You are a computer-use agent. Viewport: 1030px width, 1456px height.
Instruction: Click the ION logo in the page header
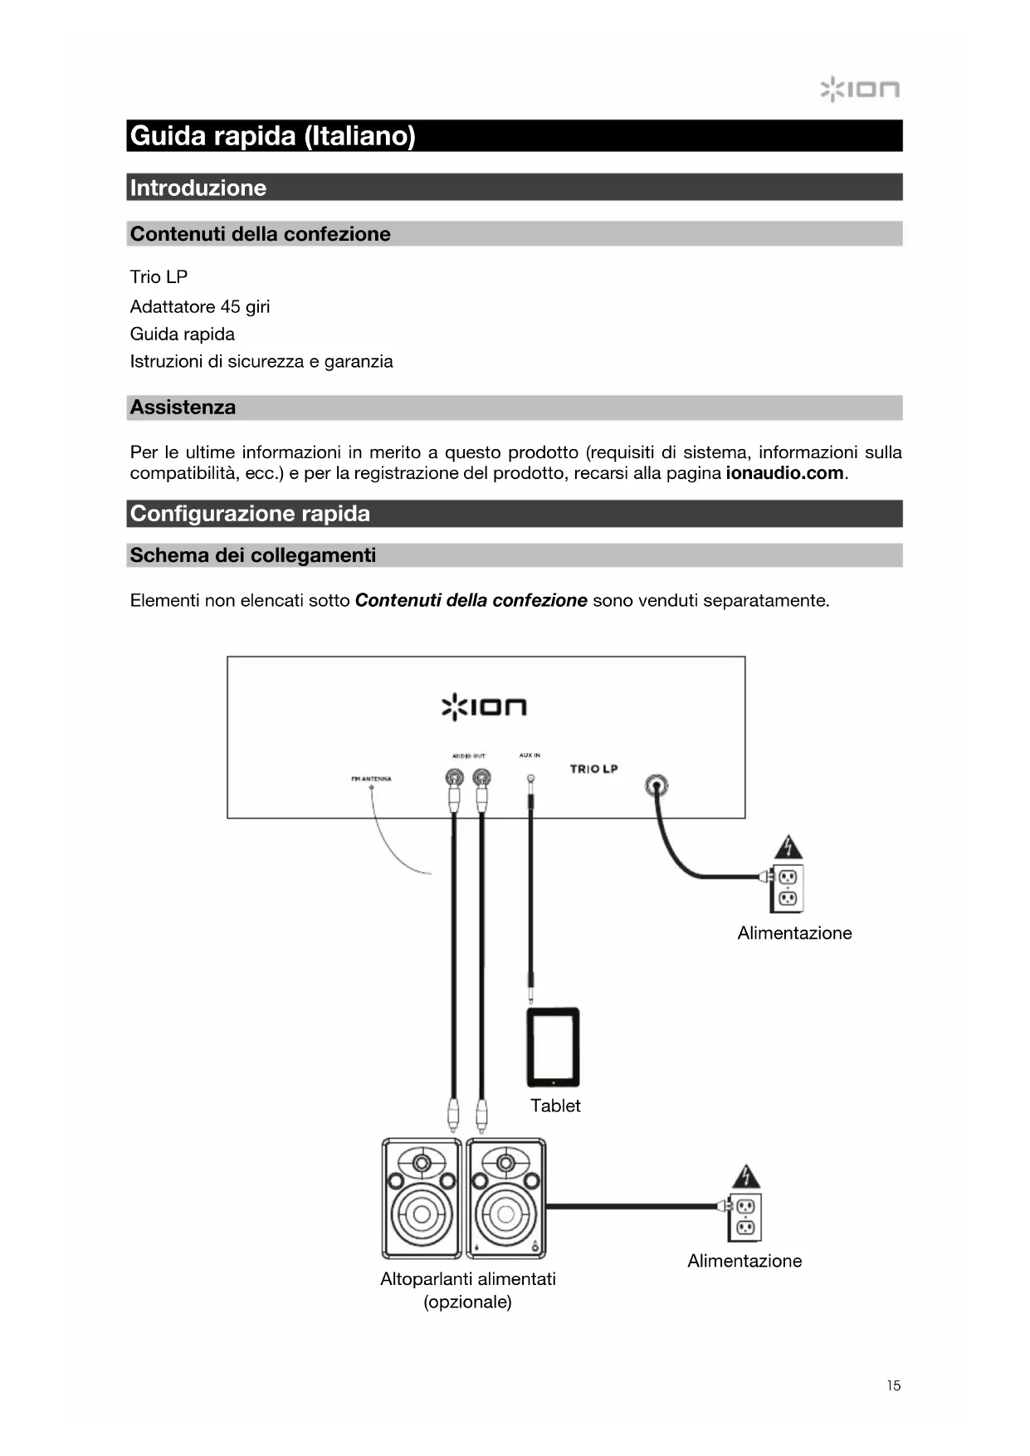pyautogui.click(x=860, y=89)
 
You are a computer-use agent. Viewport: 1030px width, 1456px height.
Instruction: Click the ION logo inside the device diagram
pyautogui.click(x=484, y=707)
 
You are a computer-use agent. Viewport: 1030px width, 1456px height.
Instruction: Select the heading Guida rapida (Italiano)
pyautogui.click(x=273, y=135)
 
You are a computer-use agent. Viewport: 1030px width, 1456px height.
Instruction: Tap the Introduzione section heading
pyautogui.click(x=198, y=188)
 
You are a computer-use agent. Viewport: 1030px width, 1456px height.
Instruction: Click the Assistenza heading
pyautogui.click(x=183, y=408)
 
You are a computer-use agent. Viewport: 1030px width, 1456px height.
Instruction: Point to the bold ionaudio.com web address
pyautogui.click(x=784, y=473)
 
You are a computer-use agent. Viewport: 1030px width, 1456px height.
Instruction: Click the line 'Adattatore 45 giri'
pyautogui.click(x=200, y=307)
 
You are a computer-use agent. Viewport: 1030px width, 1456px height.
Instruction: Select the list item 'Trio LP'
pyautogui.click(x=159, y=277)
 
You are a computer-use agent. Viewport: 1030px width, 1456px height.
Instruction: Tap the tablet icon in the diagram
pyautogui.click(x=553, y=1047)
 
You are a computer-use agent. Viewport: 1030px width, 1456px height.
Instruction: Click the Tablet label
pyautogui.click(x=555, y=1106)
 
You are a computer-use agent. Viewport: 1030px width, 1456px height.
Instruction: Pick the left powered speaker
pyautogui.click(x=422, y=1198)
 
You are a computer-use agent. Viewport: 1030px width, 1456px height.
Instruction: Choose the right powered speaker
pyautogui.click(x=506, y=1198)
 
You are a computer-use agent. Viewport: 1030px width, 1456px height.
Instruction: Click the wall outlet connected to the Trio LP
pyautogui.click(x=788, y=887)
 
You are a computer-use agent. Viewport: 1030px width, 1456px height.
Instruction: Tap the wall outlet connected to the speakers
pyautogui.click(x=744, y=1217)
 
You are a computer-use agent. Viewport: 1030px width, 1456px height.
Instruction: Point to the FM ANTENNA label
pyautogui.click(x=371, y=779)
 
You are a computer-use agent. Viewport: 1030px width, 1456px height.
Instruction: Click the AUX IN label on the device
pyautogui.click(x=530, y=755)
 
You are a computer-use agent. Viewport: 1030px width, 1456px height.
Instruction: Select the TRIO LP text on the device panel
pyautogui.click(x=593, y=769)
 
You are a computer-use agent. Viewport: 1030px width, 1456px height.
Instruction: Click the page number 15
pyautogui.click(x=893, y=1385)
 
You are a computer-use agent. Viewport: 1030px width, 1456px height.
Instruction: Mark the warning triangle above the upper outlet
pyautogui.click(x=788, y=848)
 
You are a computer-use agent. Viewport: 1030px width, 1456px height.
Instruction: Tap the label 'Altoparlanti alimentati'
pyautogui.click(x=468, y=1279)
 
